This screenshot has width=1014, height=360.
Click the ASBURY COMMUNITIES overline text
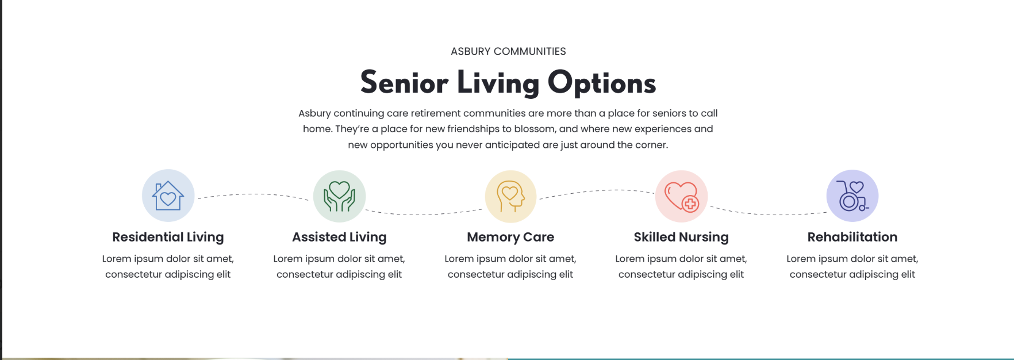coord(508,52)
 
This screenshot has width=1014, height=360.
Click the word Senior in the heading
coord(404,83)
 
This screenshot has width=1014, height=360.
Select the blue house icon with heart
coord(168,196)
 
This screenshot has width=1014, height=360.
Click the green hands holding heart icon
coord(339,196)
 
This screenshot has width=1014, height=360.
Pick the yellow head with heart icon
coord(510,196)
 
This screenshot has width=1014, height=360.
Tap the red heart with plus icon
coord(681,196)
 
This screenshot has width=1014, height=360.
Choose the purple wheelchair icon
coord(852,196)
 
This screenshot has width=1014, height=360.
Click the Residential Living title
coord(168,237)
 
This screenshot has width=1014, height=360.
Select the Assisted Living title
coord(339,237)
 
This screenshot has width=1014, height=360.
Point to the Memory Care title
coord(510,237)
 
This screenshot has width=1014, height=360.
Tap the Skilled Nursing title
coord(681,237)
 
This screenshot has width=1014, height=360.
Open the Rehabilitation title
coord(852,237)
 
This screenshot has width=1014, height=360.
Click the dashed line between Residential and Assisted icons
coord(253,194)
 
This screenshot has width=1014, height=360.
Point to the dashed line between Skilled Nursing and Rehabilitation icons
coord(768,214)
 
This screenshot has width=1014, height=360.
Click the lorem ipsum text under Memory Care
coord(510,267)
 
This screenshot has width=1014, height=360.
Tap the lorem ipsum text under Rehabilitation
coord(852,267)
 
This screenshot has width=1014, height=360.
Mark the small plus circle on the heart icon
coord(690,204)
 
